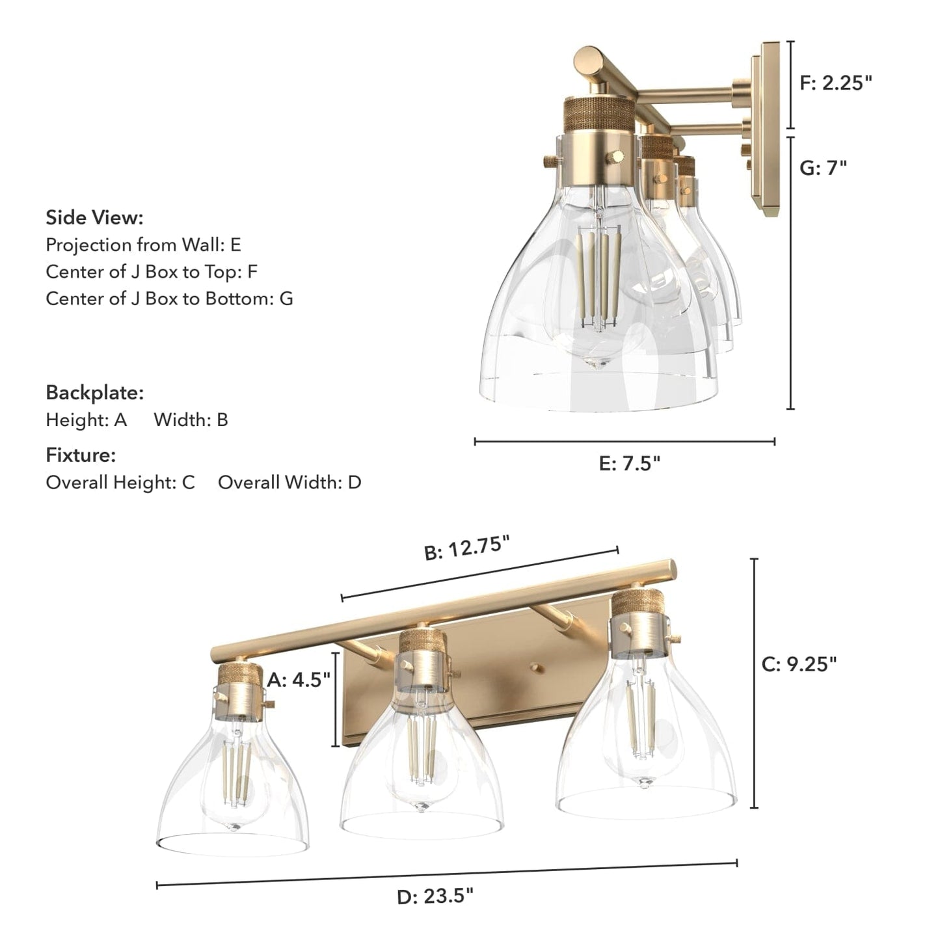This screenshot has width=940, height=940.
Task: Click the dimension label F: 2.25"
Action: (x=836, y=83)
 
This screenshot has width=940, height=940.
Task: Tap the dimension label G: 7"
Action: (x=824, y=168)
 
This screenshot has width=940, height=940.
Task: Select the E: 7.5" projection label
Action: (x=629, y=463)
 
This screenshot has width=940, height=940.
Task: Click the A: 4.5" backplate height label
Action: (x=299, y=679)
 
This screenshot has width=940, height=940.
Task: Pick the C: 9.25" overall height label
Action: (x=799, y=664)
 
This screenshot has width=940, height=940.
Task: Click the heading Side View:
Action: (x=94, y=217)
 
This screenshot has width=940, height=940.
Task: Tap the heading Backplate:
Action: (x=95, y=393)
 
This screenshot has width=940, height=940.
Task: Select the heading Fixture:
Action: (x=81, y=455)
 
